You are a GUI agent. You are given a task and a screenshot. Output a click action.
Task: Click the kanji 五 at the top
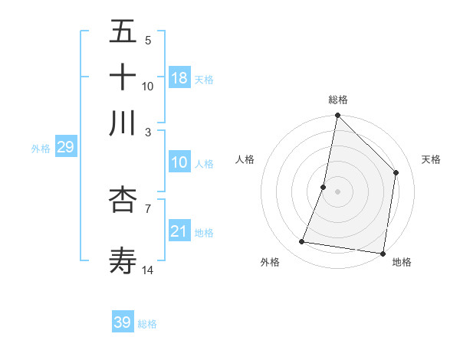123,33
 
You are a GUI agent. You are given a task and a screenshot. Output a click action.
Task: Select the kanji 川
123,123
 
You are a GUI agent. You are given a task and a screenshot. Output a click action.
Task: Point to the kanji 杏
123,200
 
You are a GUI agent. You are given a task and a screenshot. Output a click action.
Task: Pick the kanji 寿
123,260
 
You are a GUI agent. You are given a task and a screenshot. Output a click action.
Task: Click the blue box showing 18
179,78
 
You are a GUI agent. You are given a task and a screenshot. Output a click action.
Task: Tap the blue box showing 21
179,231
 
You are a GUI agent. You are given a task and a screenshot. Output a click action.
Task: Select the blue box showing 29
65,147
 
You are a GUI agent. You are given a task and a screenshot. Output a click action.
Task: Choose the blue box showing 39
123,322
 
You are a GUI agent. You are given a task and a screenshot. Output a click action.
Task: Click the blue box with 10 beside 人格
179,162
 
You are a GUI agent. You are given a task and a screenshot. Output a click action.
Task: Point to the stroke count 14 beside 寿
148,270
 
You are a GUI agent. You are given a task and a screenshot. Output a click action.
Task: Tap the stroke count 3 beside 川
148,132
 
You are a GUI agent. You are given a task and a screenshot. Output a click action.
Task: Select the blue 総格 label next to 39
147,324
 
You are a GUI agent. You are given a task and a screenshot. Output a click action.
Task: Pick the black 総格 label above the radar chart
338,100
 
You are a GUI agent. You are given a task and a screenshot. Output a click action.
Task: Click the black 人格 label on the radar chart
245,159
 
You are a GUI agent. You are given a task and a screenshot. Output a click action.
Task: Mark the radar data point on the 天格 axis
396,172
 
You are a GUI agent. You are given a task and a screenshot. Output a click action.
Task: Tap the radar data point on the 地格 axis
382,253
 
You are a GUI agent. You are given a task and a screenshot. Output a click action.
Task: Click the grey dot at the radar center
337,191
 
